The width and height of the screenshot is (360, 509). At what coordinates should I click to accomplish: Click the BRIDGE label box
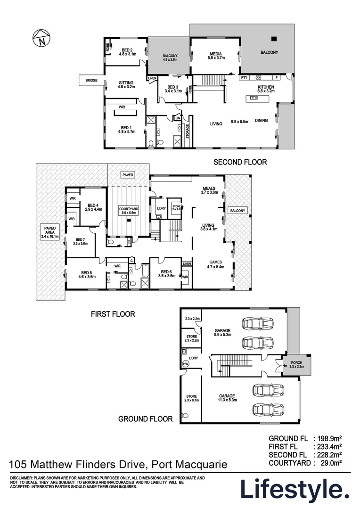coord(91,81)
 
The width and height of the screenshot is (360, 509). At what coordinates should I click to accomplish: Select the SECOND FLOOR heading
coord(240,162)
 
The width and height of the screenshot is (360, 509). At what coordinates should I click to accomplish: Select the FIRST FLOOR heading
coord(113,314)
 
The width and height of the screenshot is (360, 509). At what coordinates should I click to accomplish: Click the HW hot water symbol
coord(185,364)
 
